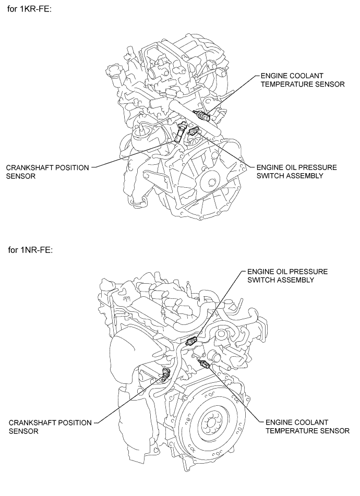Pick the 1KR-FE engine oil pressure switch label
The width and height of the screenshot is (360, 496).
296,172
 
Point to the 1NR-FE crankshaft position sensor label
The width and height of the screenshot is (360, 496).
50,426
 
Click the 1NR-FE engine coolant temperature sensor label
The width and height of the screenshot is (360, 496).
307,426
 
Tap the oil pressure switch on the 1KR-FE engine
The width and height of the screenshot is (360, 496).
194,133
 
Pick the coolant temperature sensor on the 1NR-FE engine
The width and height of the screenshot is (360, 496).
205,364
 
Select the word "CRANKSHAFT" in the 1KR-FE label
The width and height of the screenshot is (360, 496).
30,167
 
